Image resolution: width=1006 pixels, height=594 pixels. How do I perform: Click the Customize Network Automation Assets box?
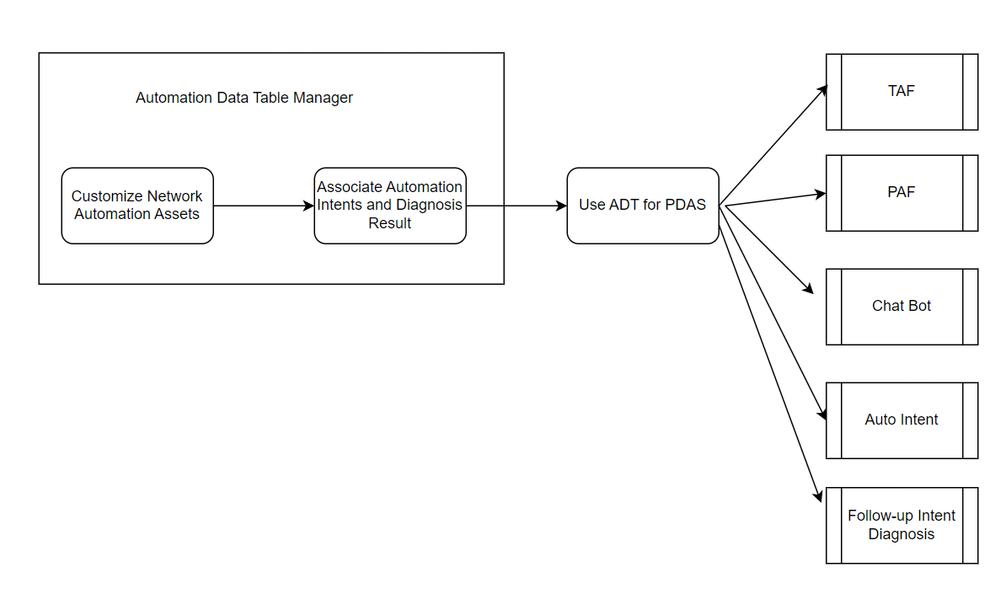137,206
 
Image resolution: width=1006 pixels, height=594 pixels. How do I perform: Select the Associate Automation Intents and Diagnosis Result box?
390,206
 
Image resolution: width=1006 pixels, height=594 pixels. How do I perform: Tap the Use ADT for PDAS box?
643,206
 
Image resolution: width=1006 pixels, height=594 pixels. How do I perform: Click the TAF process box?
902,92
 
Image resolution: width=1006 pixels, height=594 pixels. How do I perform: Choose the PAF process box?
902,193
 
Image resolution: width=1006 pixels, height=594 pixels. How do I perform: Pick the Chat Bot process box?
902,307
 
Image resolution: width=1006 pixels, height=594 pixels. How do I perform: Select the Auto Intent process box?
902,420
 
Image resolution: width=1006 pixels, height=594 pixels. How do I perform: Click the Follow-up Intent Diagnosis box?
902,526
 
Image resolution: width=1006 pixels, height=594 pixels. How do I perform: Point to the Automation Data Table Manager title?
244,98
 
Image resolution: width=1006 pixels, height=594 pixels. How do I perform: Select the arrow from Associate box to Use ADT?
516,206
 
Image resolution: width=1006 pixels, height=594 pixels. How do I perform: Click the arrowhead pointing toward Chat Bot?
809,289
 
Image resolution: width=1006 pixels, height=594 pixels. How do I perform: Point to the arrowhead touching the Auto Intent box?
822,415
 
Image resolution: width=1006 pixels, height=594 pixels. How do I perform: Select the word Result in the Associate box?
390,224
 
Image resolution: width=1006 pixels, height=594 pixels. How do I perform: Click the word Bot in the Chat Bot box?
919,306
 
